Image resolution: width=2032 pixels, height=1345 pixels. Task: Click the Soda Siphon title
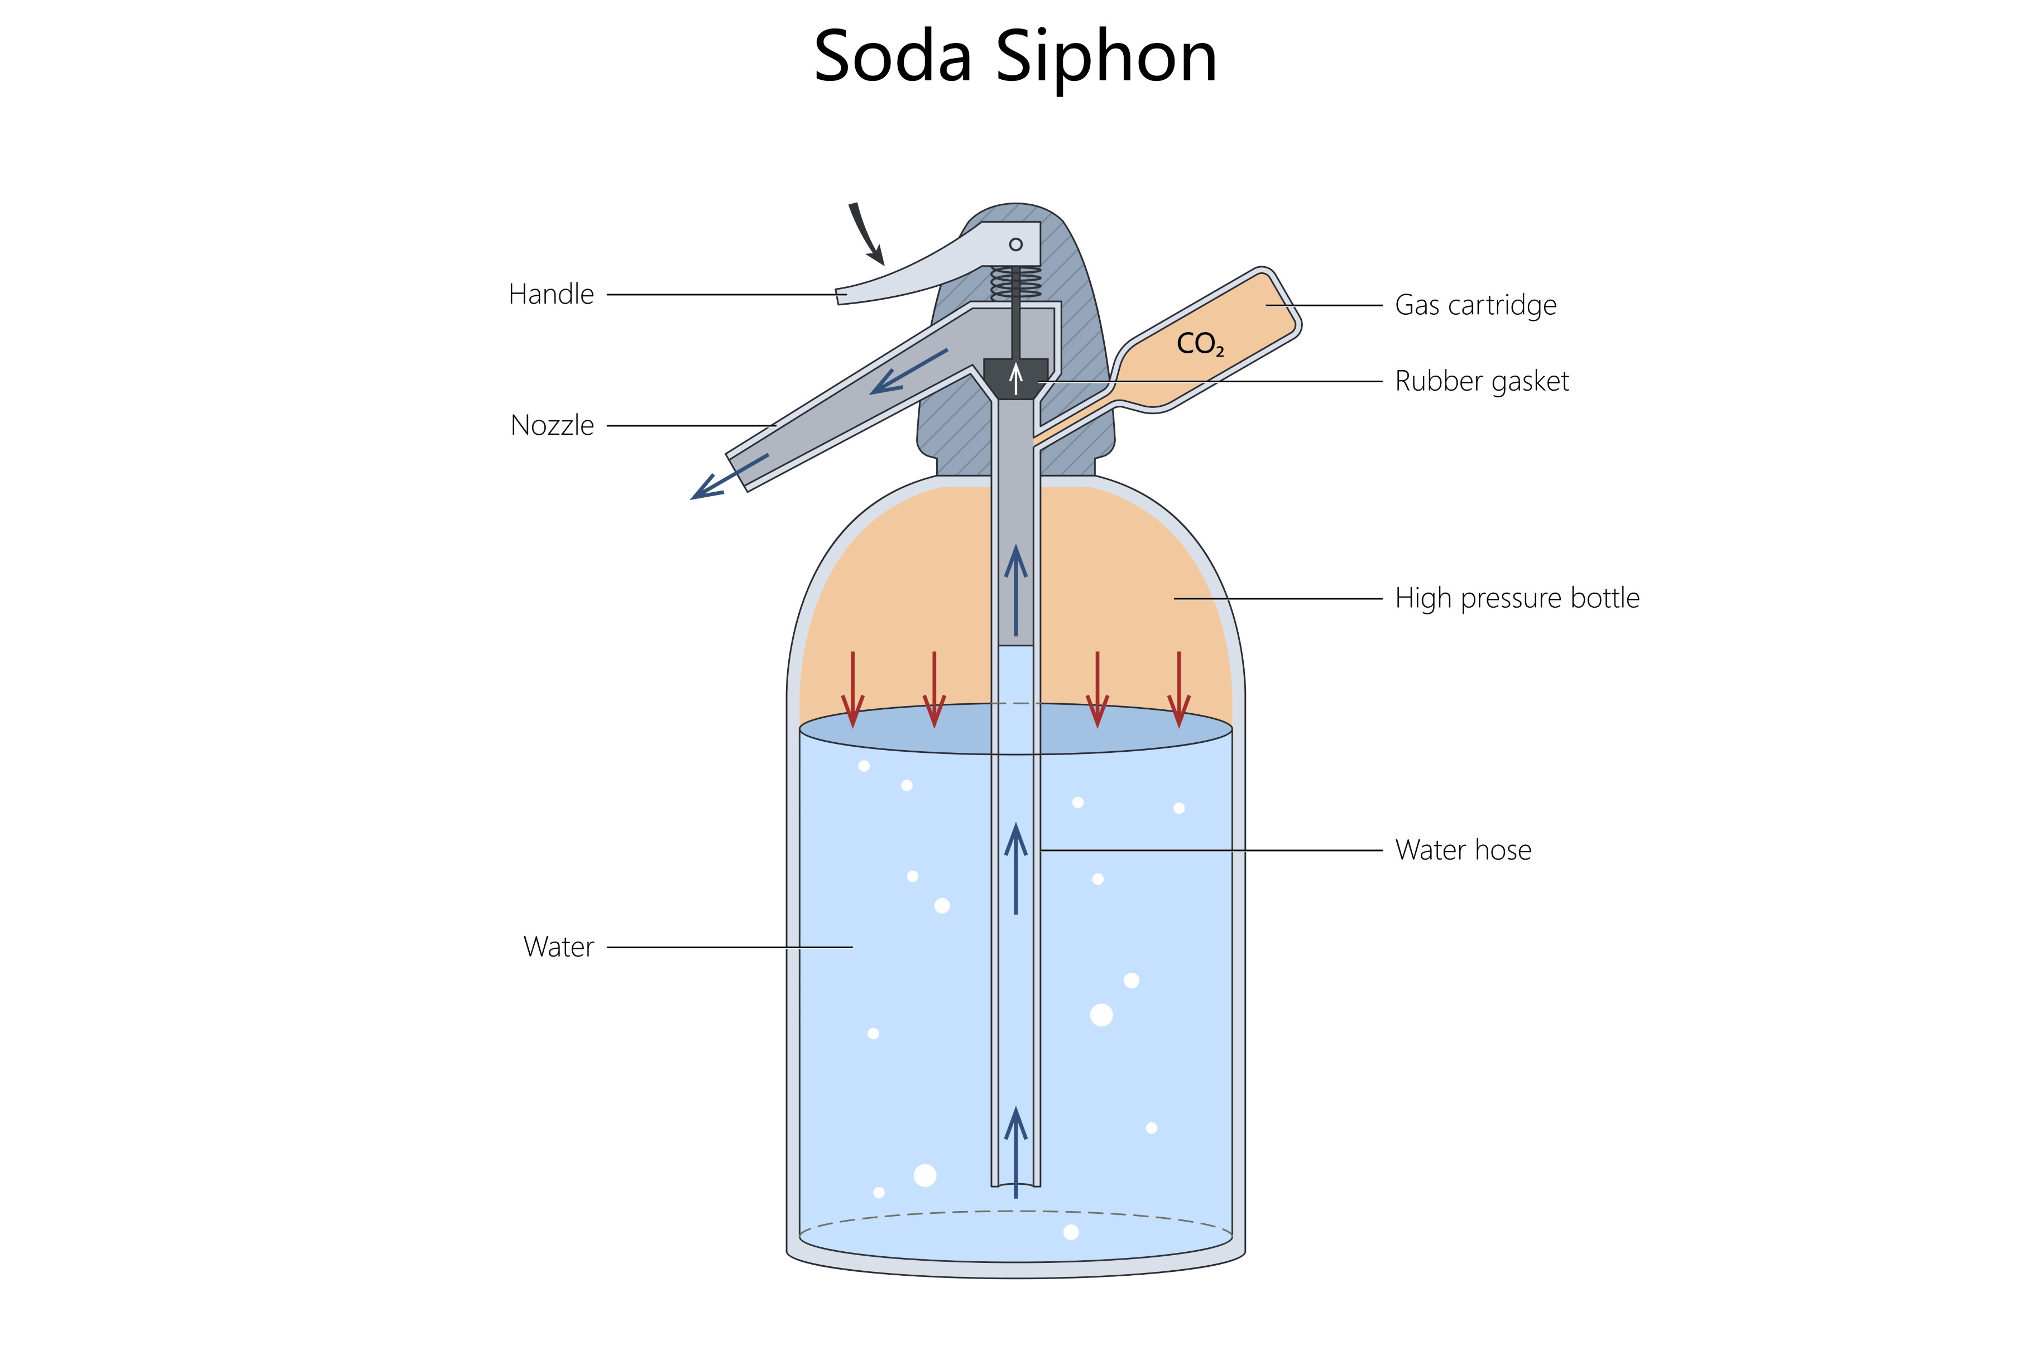1015,56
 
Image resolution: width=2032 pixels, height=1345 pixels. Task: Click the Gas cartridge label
1475,305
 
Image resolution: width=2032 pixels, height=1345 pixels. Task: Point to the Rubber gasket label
1482,381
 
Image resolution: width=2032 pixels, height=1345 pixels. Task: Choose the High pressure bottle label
1517,598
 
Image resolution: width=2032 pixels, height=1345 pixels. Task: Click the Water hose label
1463,850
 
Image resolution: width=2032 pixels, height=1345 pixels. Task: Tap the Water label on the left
558,947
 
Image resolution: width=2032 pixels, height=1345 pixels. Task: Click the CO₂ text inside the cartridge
1200,344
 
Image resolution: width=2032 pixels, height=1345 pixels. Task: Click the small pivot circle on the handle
1015,244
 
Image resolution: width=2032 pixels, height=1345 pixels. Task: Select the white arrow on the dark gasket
1015,378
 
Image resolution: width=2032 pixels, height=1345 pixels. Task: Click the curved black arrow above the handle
865,233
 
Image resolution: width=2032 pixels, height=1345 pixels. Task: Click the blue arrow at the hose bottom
1015,1152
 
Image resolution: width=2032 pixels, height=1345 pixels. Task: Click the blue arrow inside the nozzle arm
908,372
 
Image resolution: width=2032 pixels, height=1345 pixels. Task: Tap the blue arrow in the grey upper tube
1015,590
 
